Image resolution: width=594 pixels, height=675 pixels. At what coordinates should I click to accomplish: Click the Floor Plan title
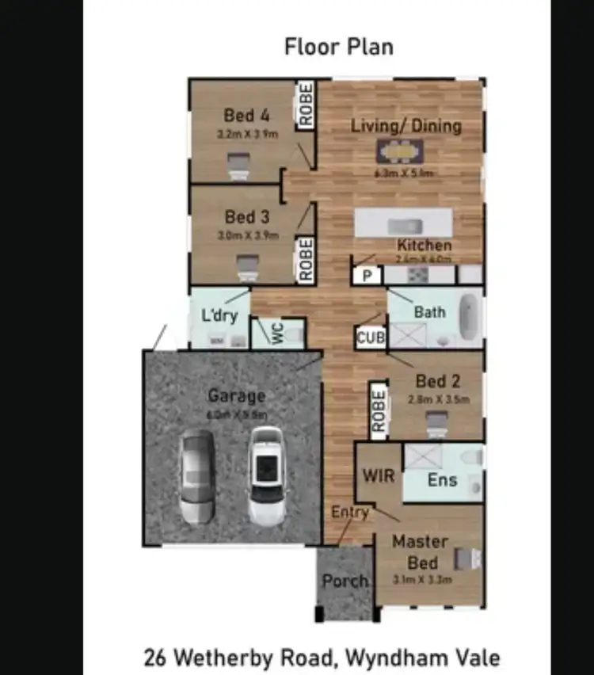coord(338,47)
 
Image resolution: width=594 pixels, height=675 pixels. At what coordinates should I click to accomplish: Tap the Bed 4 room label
coord(247,116)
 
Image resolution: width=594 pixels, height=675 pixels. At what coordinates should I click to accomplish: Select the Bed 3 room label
coord(247,216)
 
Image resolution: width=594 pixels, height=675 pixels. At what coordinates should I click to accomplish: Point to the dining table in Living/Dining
coord(400,150)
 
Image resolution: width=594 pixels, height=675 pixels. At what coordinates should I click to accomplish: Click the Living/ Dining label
coord(406,126)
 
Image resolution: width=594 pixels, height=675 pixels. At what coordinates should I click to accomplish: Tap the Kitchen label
coord(424,245)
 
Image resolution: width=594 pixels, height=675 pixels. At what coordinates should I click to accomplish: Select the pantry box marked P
coord(367,276)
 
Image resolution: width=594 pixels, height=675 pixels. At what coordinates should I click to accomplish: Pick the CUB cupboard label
coord(371,337)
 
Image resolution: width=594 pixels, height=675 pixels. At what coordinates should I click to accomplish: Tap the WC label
coord(278,334)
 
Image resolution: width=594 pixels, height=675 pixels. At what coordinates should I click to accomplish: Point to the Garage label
coord(236,395)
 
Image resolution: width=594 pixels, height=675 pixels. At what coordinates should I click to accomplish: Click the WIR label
coord(378,477)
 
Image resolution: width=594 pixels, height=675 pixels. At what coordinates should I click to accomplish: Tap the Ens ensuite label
coord(441,479)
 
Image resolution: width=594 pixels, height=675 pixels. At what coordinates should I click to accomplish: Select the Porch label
coord(345,581)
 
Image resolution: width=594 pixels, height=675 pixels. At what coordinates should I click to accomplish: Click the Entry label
coord(350,513)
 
